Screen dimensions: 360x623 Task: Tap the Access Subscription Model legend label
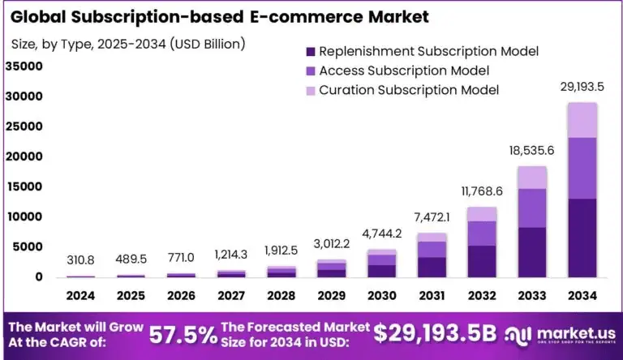tap(404, 71)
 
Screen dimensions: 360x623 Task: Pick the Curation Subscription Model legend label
tap(409, 89)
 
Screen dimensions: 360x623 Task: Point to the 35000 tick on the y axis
tap(24, 66)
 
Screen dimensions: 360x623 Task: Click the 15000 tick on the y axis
tap(24, 186)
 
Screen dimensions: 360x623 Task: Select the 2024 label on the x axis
tap(79, 297)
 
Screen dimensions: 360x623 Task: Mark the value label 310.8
tap(79, 260)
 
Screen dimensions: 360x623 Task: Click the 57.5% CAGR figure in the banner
tap(183, 334)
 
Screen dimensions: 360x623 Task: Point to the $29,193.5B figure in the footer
tap(435, 333)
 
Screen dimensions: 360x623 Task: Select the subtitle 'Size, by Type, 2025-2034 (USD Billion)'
tap(128, 43)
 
